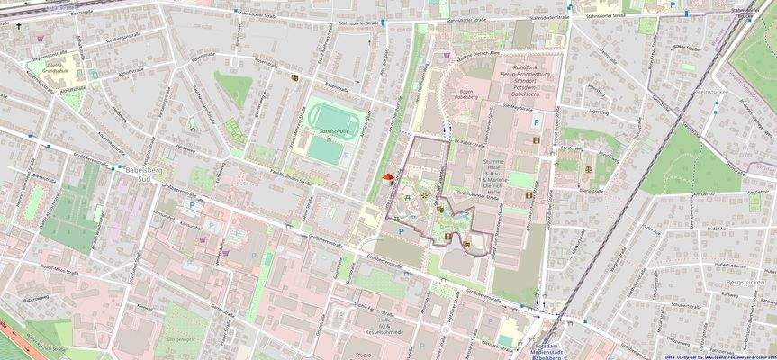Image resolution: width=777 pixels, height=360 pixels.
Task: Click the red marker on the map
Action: coord(388,178)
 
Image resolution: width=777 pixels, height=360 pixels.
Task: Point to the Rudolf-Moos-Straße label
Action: coord(59,267)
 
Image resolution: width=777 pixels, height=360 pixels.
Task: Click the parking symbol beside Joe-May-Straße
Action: coord(537,121)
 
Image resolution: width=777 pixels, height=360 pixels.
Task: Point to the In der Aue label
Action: coord(718,229)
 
